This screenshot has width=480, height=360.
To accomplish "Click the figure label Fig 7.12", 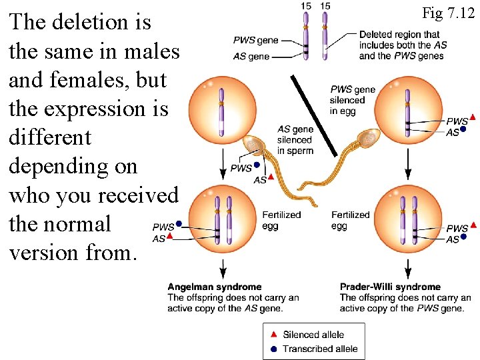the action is coord(447,12).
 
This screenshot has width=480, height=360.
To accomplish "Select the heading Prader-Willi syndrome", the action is coord(390,287).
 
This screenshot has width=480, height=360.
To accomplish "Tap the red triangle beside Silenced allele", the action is coord(274,335).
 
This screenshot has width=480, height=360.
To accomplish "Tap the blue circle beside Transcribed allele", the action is coord(274,348).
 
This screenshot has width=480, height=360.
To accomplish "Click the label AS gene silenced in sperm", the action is coord(295,140).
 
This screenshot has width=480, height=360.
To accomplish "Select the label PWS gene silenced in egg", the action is coord(353,100).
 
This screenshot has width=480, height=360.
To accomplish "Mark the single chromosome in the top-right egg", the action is coord(407,111).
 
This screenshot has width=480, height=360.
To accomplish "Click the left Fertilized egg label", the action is coord(281,220).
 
